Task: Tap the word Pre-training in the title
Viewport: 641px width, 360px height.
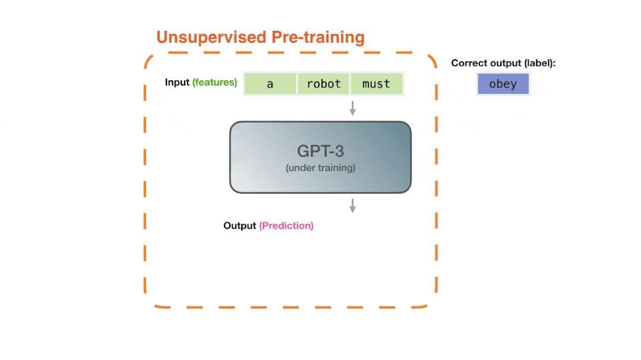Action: tap(318, 37)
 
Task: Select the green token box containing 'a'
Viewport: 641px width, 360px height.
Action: tap(270, 84)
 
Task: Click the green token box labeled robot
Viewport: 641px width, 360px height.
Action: tap(324, 84)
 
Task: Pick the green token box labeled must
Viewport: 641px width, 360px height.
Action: tap(376, 84)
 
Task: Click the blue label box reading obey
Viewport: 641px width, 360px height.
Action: tap(503, 84)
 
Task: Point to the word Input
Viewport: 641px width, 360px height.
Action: tap(177, 82)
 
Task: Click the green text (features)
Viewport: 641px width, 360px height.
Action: tap(214, 82)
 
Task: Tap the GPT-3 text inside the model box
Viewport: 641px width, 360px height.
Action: tap(320, 151)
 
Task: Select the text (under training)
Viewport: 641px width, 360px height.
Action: tap(320, 168)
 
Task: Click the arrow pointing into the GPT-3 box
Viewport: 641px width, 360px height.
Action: tap(352, 108)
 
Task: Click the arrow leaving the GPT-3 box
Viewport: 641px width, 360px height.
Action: tap(352, 206)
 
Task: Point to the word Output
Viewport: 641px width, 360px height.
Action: tap(240, 226)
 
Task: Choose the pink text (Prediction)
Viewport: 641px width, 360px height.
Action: tap(286, 226)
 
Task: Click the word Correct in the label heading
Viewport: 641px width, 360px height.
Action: tap(469, 63)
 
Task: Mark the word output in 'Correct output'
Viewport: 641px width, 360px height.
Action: tap(504, 63)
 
